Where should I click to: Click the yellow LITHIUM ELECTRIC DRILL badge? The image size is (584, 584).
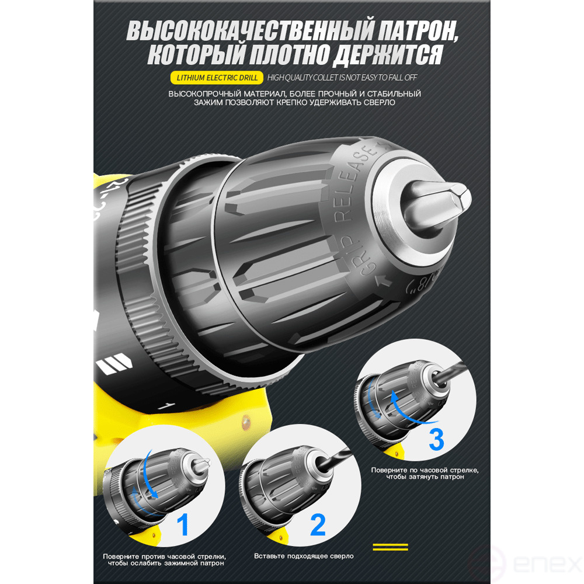click(x=217, y=78)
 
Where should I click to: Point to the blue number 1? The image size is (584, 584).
click(x=182, y=524)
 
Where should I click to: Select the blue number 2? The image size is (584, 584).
click(x=318, y=524)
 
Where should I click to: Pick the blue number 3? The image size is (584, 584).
click(x=436, y=440)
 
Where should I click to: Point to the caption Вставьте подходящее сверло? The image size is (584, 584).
click(x=304, y=556)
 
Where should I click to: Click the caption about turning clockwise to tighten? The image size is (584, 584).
click(x=425, y=474)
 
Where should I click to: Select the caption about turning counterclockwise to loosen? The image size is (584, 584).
click(x=164, y=560)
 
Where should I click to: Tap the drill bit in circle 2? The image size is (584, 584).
click(x=335, y=457)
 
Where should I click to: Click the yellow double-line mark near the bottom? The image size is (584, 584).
click(x=390, y=547)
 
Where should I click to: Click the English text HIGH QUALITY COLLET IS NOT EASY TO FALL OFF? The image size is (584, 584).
click(x=342, y=78)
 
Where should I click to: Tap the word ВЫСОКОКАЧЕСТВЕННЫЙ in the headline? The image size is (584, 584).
click(x=249, y=30)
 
